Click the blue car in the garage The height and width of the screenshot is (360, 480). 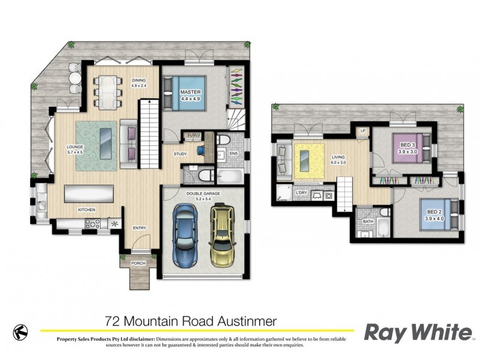[x=184, y=236]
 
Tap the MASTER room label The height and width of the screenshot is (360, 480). [x=190, y=92]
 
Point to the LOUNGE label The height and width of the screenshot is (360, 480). [x=75, y=146]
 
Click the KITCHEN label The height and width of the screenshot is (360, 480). [x=86, y=209]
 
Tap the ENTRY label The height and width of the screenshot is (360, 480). [x=139, y=227]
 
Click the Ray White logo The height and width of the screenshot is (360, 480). [x=418, y=332]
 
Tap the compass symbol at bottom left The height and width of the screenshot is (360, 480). [x=20, y=331]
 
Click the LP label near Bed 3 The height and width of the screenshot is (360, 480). [x=362, y=130]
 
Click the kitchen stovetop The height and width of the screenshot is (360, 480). [x=94, y=224]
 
